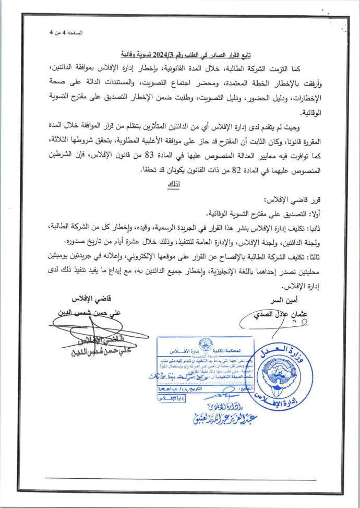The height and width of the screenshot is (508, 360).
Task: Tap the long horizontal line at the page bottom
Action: (180, 479)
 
